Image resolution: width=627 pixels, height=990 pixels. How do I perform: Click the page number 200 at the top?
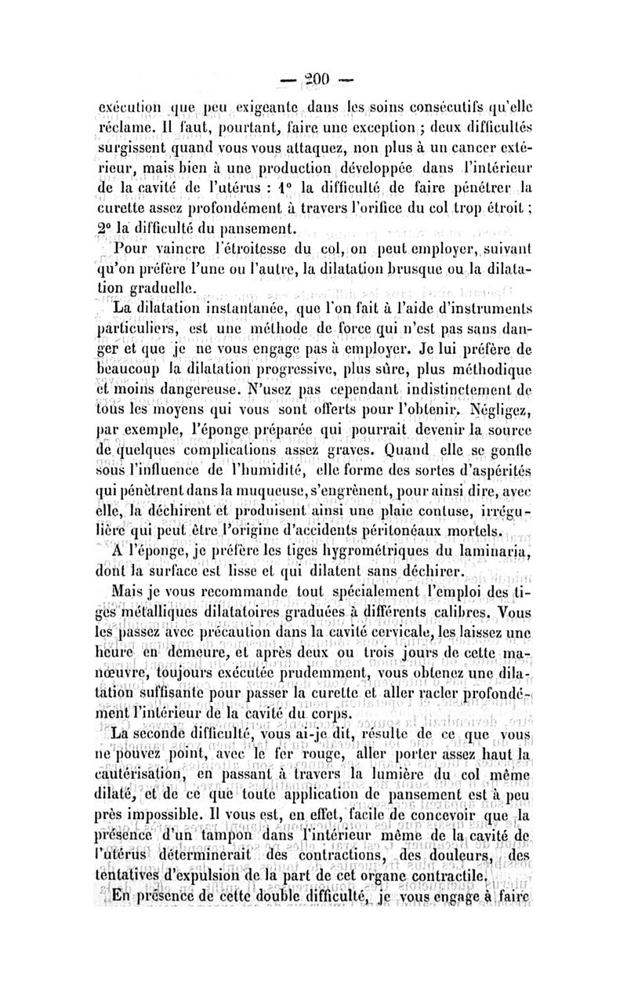[x=313, y=78]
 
